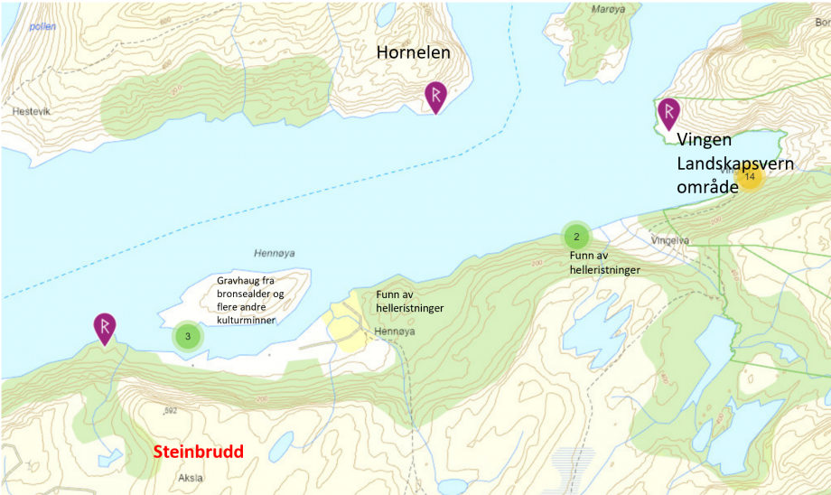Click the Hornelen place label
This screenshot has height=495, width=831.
(x=413, y=53)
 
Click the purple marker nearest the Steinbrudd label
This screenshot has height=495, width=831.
(x=105, y=327)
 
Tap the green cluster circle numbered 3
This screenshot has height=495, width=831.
(x=187, y=337)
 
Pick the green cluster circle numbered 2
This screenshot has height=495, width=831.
(x=576, y=237)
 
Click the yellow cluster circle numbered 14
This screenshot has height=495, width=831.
(x=749, y=176)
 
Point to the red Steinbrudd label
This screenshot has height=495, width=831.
(x=198, y=451)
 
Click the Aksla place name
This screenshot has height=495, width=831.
(x=191, y=478)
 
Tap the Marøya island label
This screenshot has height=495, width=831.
(x=608, y=10)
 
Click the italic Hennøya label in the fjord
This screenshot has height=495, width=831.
(x=263, y=255)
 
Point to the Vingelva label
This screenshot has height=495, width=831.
(x=669, y=241)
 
